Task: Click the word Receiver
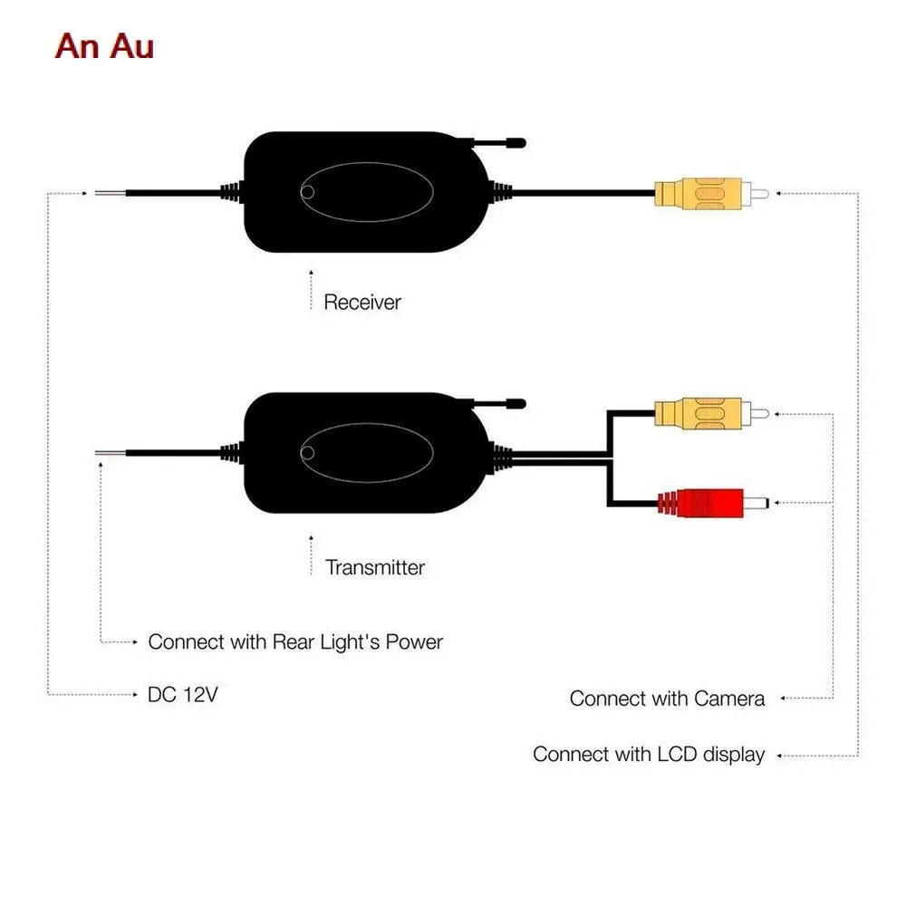click(x=361, y=302)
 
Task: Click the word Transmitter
click(x=375, y=568)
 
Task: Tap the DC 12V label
click(x=183, y=695)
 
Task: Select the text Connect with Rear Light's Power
click(x=295, y=642)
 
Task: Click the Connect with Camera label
click(x=667, y=699)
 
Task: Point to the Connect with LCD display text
click(x=649, y=754)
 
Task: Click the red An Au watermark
click(x=104, y=47)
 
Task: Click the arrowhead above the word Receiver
click(x=311, y=270)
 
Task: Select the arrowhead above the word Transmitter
click(x=311, y=536)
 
